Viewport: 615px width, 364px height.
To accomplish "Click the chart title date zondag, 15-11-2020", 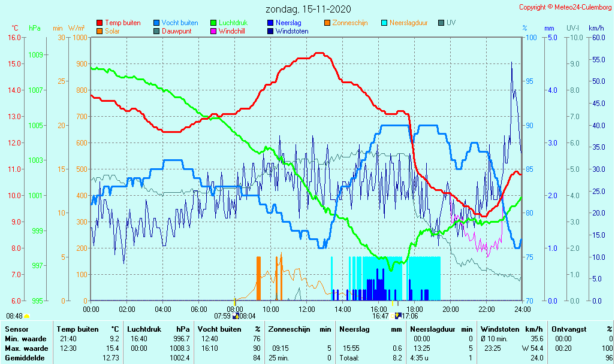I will click(308, 9).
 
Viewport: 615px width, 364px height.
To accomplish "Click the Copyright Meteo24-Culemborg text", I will click(565, 7).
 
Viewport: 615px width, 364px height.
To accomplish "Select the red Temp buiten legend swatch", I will click(100, 23).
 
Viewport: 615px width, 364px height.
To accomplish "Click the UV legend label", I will click(451, 23).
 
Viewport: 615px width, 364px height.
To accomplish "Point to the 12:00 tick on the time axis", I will click(307, 310).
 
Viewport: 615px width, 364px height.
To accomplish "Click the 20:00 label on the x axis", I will click(451, 310).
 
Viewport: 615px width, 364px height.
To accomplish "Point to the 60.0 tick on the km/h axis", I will click(596, 38).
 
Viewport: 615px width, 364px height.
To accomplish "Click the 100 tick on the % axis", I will click(530, 38).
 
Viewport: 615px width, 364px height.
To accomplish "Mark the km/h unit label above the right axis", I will click(596, 28).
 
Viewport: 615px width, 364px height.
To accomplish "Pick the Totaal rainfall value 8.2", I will click(397, 358).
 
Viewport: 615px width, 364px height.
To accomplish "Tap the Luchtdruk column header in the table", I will click(144, 329).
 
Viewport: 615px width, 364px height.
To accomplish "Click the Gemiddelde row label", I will click(26, 358).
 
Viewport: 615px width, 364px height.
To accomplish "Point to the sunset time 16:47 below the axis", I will click(380, 316).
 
